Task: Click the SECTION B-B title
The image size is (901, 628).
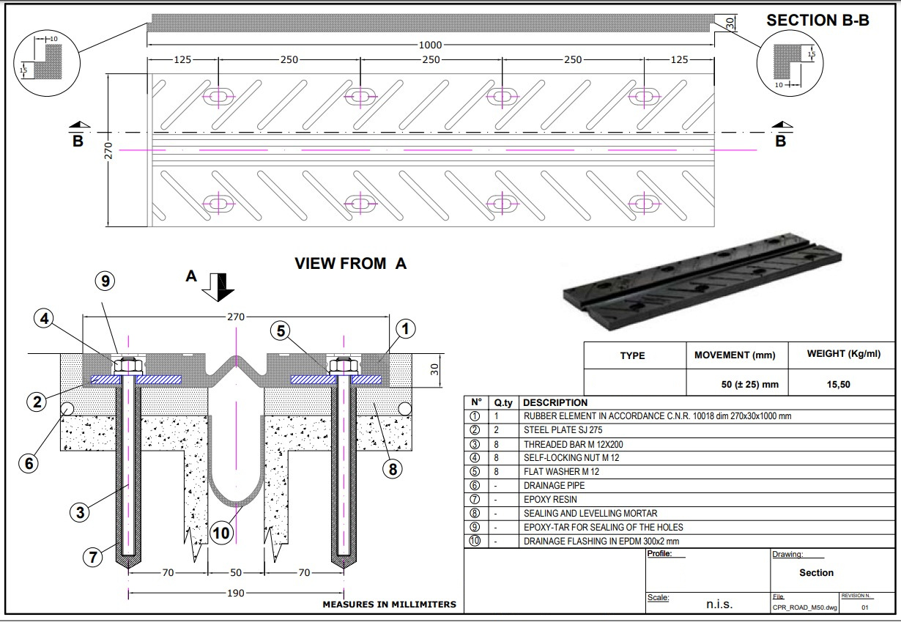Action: point(817,20)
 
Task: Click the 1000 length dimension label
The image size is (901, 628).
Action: point(430,45)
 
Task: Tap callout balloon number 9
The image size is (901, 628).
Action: point(105,281)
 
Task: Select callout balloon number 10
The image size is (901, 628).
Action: point(220,533)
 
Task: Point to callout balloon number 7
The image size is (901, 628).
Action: point(93,557)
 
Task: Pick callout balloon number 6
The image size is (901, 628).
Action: point(29,463)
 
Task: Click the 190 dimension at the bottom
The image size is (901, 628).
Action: point(236,593)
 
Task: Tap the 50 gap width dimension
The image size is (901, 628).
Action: point(236,572)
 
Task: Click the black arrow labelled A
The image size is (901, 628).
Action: point(218,287)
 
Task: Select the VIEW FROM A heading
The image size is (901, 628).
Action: point(350,264)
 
